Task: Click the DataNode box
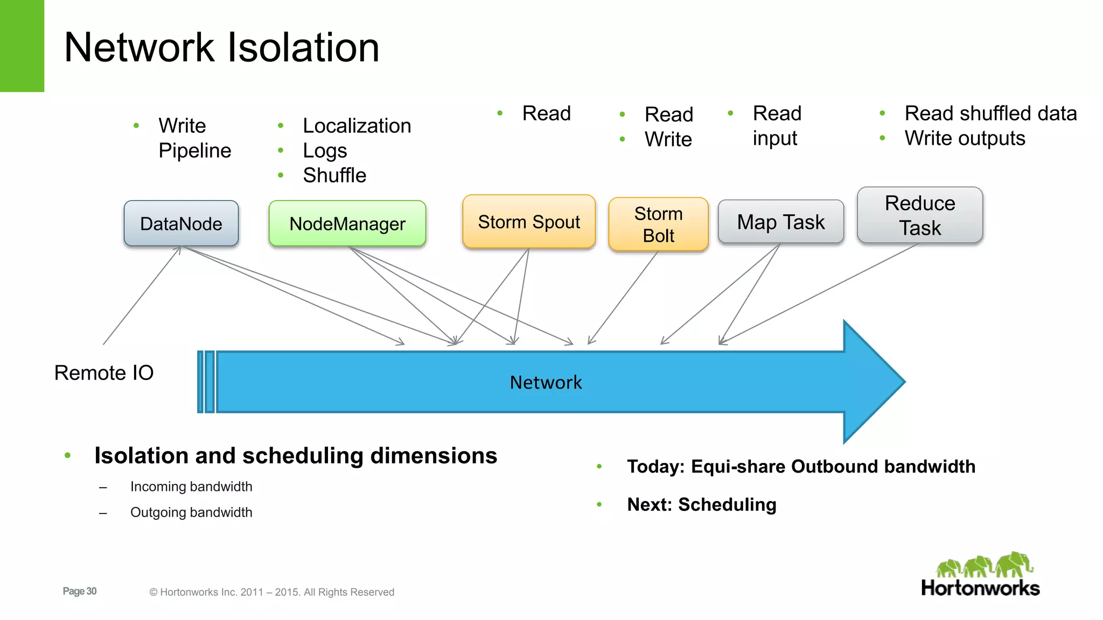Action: coord(181,224)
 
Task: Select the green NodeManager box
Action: coord(347,224)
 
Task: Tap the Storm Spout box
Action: coord(529,222)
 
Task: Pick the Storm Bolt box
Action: coord(658,224)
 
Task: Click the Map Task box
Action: coord(780,222)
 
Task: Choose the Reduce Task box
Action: coord(920,215)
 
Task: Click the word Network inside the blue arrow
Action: coord(546,382)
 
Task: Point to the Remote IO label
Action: coord(104,372)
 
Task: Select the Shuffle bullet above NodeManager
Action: coord(334,175)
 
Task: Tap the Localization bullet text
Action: coord(357,126)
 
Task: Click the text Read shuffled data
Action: coord(990,114)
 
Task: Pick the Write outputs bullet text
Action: coord(965,138)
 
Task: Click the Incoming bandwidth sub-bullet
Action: coord(191,487)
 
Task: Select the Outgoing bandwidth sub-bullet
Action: coord(191,512)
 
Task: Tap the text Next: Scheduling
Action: coord(701,505)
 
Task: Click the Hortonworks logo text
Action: coord(980,588)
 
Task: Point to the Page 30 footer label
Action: coord(80,591)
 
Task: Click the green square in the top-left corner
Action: coord(22,46)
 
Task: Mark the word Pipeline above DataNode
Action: coord(194,151)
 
